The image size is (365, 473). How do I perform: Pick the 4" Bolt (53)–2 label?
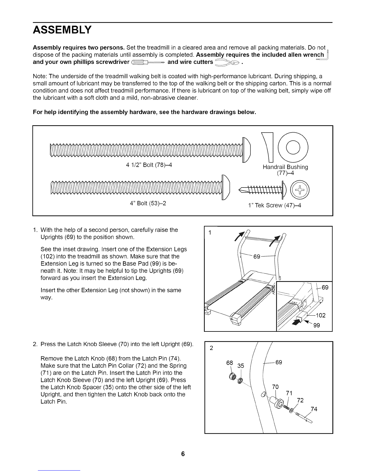click(148, 204)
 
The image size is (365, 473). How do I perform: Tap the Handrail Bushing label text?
click(285, 167)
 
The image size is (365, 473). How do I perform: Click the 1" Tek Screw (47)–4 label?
click(274, 206)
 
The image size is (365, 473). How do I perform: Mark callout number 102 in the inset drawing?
click(320, 316)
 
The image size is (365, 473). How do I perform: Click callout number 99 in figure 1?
click(316, 325)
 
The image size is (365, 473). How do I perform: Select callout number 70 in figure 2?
click(276, 387)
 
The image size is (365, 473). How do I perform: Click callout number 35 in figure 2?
click(241, 366)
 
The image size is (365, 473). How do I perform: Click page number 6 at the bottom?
click(183, 454)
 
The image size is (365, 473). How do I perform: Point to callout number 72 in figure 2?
click(301, 400)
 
